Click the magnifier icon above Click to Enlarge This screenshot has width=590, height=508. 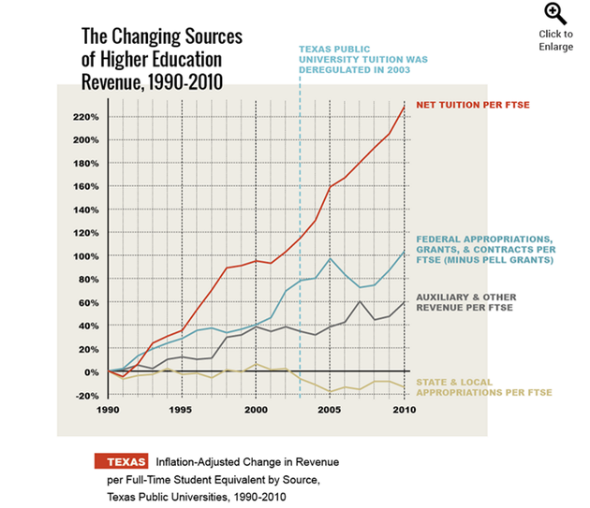point(556,13)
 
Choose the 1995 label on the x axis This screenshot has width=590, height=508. point(182,410)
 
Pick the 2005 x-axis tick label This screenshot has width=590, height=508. point(331,410)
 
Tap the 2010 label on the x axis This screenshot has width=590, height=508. point(403,410)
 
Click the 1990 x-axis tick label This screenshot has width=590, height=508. point(110,410)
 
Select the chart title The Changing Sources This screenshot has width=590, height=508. point(162,37)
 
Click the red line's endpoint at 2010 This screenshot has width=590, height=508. point(405,107)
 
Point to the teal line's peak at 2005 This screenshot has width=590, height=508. point(331,258)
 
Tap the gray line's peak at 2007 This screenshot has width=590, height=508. point(361,301)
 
